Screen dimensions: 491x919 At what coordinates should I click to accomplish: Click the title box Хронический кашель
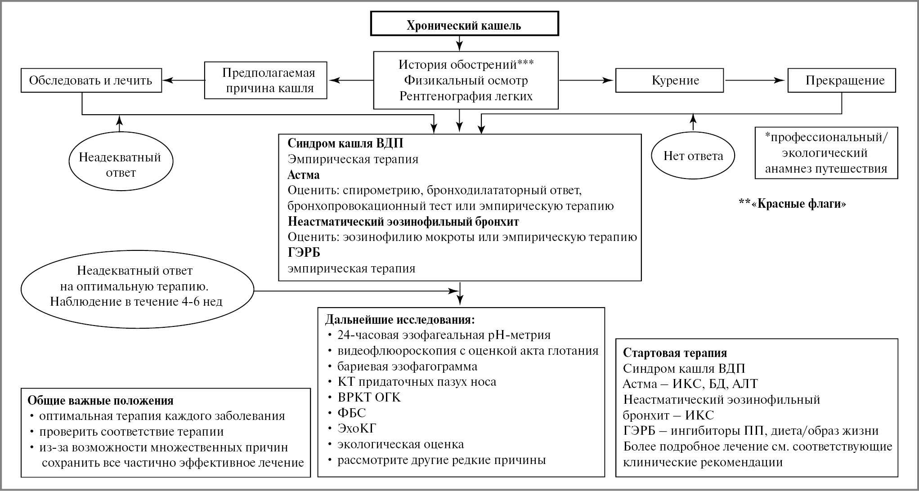click(464, 25)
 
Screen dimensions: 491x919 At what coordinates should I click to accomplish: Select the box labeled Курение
click(669, 80)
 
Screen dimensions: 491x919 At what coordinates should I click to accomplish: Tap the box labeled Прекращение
click(841, 80)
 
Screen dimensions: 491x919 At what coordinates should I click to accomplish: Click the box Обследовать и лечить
click(91, 80)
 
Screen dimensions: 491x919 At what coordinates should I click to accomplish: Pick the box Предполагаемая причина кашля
click(265, 80)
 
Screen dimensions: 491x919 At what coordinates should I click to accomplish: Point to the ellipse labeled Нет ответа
click(693, 156)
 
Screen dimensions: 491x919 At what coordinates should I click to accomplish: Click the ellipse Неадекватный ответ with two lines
click(120, 165)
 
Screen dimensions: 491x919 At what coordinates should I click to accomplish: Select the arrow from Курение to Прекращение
click(755, 80)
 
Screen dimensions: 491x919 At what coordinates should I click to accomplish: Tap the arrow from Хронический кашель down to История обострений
click(459, 43)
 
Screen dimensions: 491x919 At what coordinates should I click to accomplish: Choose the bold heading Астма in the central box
click(304, 175)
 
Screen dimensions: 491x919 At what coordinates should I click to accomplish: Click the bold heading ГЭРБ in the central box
click(304, 253)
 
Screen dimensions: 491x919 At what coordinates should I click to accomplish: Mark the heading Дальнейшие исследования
click(400, 320)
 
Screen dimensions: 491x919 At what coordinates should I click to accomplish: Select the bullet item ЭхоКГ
click(357, 428)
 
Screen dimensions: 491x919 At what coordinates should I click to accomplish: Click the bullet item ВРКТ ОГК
click(369, 397)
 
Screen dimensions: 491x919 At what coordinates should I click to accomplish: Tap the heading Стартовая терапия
click(675, 353)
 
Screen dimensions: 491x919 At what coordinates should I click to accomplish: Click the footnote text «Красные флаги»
click(793, 204)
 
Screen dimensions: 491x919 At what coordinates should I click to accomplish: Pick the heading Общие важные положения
click(100, 401)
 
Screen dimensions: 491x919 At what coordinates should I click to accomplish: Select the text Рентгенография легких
click(466, 96)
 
